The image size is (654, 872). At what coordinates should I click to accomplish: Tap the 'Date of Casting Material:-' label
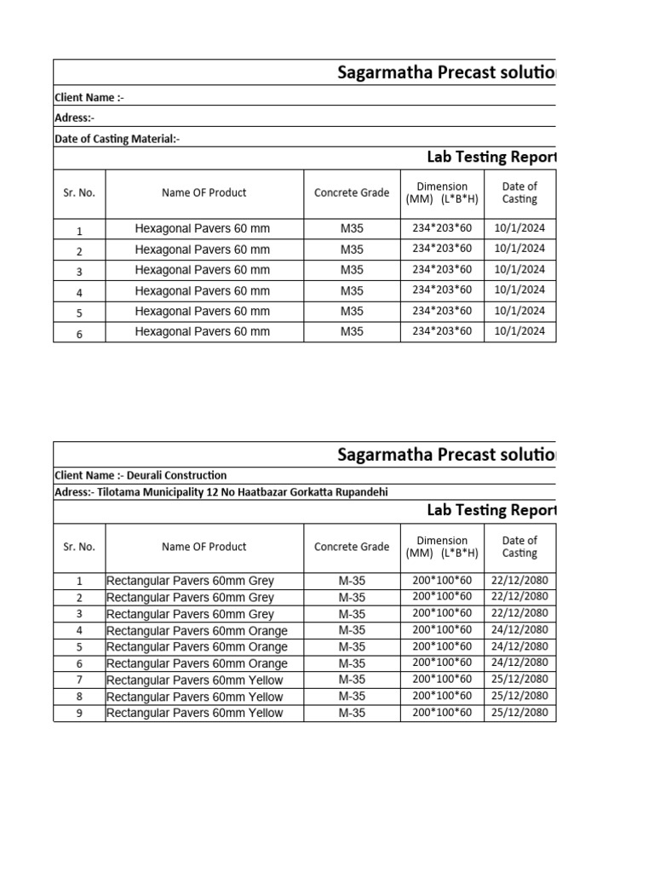[x=117, y=139]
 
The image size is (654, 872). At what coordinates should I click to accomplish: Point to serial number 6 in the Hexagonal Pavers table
[x=79, y=334]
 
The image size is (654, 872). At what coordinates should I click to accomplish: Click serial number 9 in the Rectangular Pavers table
[x=79, y=713]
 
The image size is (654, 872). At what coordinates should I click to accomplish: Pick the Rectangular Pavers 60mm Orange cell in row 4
[x=197, y=631]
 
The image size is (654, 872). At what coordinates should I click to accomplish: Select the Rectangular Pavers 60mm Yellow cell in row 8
[x=194, y=697]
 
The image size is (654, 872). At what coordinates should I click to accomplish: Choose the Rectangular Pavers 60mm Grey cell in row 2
[x=190, y=598]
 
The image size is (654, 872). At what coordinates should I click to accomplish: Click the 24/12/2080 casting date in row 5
[x=519, y=645]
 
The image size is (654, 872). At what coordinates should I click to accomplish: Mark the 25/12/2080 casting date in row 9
[x=519, y=712]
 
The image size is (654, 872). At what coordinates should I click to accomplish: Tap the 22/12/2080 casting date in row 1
[x=519, y=580]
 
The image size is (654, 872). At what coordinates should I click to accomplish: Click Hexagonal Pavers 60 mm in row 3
[x=202, y=270]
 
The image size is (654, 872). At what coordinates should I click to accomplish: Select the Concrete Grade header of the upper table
[x=352, y=192]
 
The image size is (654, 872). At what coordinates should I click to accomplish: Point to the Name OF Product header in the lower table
[x=204, y=547]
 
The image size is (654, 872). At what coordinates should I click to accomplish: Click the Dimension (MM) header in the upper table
[x=442, y=192]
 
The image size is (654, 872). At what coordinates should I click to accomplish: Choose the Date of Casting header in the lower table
[x=519, y=547]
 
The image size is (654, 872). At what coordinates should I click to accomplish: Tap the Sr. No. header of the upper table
[x=79, y=192]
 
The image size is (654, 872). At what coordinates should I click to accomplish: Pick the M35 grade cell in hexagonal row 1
[x=352, y=228]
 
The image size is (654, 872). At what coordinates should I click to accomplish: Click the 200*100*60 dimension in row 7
[x=442, y=679]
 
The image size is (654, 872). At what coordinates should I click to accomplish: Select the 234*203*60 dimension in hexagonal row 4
[x=442, y=290]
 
